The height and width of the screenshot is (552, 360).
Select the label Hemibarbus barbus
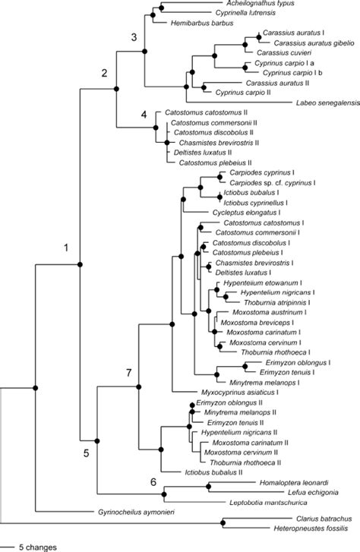(193, 24)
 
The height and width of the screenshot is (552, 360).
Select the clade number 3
(134, 37)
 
